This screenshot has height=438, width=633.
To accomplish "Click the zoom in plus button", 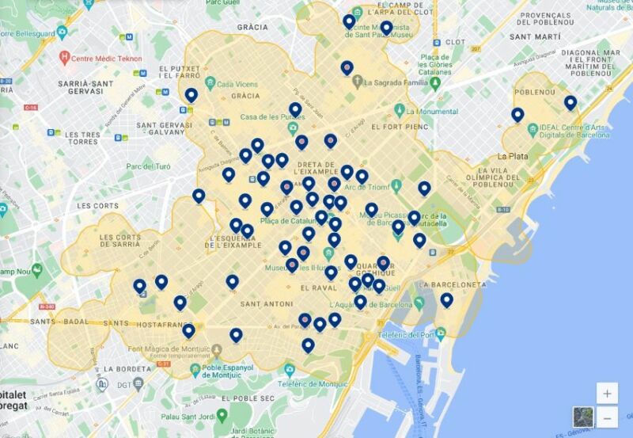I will click(607, 393).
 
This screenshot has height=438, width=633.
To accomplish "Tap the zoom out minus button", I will click(607, 417).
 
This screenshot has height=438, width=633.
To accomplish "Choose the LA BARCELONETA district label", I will click(453, 284).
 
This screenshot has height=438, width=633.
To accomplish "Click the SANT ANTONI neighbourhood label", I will click(267, 303).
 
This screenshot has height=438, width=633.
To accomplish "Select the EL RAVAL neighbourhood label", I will click(319, 288).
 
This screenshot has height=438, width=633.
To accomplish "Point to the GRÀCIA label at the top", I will click(252, 27).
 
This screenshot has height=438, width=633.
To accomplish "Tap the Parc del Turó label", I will click(148, 166).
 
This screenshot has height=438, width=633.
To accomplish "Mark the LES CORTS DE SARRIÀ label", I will click(120, 241).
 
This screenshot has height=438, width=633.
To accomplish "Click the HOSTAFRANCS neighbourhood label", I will click(165, 325).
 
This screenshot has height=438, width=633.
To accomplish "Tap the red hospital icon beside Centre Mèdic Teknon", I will click(65, 57).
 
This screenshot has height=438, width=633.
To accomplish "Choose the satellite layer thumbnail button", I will click(583, 417).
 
